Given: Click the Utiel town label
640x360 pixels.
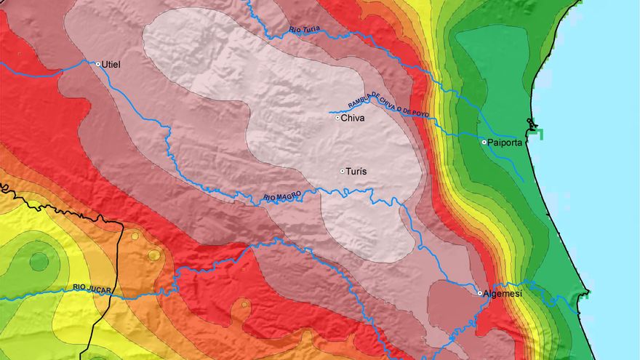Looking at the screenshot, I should (112, 65).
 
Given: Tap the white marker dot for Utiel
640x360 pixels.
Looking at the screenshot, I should (98, 64).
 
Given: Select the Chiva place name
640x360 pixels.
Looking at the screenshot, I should (353, 118).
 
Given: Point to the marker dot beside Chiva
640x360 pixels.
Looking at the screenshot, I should (337, 118).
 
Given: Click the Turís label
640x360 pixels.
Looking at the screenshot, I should (355, 172).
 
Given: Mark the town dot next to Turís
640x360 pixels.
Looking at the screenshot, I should (342, 172).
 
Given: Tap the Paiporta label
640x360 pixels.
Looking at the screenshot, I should (507, 143).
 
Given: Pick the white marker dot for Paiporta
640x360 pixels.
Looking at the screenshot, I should (484, 143).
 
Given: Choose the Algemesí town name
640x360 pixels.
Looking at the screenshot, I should (503, 293).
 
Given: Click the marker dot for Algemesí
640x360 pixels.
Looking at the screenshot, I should (480, 292).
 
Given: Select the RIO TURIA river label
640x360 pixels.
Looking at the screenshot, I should (304, 30).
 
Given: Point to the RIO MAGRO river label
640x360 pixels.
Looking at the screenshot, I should (281, 196).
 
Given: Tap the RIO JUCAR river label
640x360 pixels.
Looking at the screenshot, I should (92, 289).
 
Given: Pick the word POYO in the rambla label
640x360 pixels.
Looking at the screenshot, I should (419, 113).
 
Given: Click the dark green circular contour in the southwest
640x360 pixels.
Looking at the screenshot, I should (39, 261).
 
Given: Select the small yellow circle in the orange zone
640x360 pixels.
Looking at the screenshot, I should (153, 255).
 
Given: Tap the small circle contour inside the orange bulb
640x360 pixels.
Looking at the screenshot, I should (245, 304).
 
